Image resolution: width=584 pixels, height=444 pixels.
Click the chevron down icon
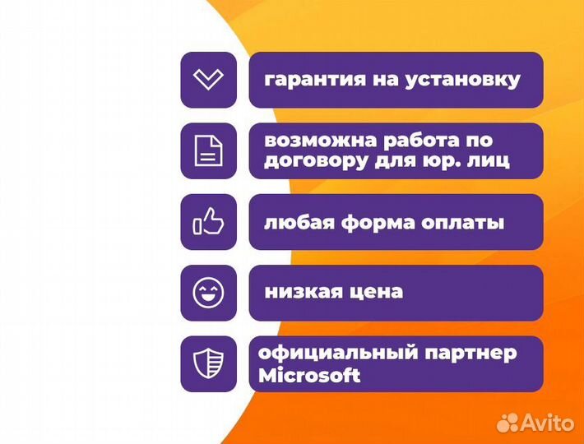[208, 80]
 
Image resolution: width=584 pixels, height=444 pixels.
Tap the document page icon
[208, 150]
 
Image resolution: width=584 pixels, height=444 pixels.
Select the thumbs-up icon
[208, 222]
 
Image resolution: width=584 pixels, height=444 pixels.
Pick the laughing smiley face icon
[208, 293]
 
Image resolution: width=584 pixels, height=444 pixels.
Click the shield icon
[208, 363]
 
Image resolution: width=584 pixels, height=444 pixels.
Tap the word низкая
[298, 292]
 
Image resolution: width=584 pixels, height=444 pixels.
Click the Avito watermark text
[549, 422]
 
